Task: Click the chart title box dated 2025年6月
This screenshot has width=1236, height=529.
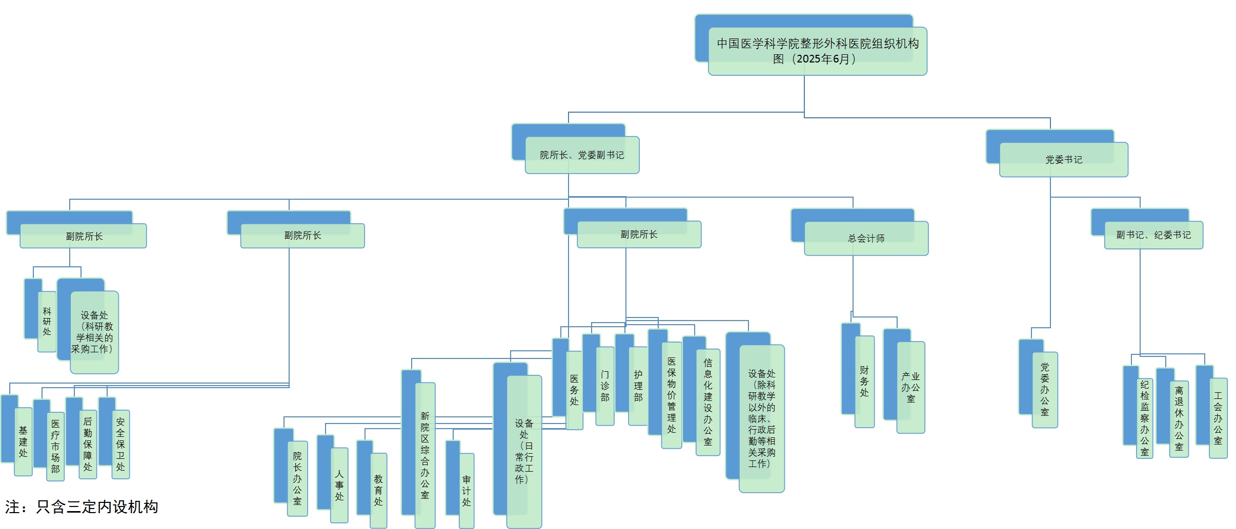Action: click(817, 51)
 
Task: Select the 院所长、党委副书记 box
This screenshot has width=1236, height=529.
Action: click(582, 155)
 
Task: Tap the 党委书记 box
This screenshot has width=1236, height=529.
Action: click(1063, 159)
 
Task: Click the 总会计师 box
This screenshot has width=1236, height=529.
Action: click(866, 238)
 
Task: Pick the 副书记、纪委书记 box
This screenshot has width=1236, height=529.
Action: click(1153, 235)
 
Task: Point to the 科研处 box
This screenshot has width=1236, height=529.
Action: click(47, 322)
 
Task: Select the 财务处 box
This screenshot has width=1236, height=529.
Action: click(864, 382)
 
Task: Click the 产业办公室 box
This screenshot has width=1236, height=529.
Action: click(910, 387)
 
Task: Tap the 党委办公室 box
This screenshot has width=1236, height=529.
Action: click(1045, 390)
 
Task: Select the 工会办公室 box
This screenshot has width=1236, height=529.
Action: click(1218, 418)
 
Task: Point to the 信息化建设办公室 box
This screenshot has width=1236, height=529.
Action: click(708, 402)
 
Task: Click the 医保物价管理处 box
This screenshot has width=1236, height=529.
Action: click(672, 395)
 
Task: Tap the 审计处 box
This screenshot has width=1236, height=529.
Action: click(467, 491)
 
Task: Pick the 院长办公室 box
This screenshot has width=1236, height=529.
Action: click(297, 478)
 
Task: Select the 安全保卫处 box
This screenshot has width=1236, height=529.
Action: click(120, 444)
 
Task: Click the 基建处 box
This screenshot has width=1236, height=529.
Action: click(23, 441)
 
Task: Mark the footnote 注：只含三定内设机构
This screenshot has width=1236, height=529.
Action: click(82, 507)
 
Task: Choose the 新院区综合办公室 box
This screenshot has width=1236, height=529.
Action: click(425, 455)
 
